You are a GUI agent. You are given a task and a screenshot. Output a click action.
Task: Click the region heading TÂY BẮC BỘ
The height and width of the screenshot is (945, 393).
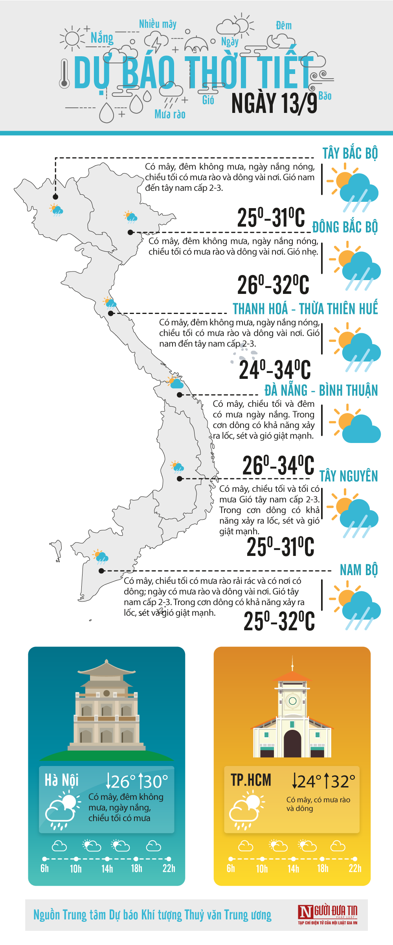pos(350,153)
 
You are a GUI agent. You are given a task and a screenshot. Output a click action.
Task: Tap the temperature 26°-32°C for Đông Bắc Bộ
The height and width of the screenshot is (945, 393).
pos(273,285)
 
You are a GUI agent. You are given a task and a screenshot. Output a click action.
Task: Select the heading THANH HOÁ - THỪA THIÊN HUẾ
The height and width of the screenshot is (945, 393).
pos(305,309)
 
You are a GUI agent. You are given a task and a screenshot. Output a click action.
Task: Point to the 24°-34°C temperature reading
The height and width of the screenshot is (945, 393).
pos(275,370)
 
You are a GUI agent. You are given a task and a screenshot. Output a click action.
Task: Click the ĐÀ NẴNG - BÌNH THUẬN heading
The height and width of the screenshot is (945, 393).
pos(321,390)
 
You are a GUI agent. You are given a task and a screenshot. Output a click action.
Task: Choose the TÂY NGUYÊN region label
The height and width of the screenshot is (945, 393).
pos(349,476)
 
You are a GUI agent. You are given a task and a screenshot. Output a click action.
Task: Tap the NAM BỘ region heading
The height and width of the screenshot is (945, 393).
pos(358,570)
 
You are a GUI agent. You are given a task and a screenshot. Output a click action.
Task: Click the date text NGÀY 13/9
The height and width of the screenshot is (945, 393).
pos(274,103)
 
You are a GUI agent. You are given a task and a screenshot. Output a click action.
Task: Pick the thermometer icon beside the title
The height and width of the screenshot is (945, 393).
pos(64,74)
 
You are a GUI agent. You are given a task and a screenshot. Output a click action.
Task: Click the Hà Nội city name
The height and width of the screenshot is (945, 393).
pos(62,780)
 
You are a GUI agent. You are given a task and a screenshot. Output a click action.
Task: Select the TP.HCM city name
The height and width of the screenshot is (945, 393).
pos(251,780)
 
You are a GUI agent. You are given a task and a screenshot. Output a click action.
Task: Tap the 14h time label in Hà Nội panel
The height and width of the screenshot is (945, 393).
pos(107,869)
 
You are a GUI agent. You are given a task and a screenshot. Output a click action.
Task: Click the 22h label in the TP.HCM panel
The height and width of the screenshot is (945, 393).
pos(355,869)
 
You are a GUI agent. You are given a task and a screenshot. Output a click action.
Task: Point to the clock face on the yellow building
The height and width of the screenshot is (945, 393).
pos(292,701)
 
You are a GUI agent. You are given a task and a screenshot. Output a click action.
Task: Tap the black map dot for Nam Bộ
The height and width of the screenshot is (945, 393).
pos(101,570)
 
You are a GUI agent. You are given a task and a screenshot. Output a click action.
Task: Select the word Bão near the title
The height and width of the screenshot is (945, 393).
pos(325,96)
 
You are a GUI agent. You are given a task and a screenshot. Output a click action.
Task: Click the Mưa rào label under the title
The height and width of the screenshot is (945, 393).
pos(170,114)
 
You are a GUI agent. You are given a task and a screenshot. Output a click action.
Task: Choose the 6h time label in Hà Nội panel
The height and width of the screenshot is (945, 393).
pos(45,869)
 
